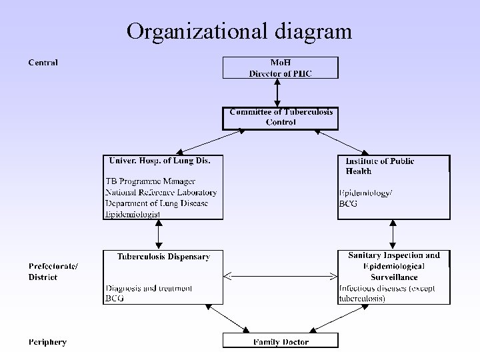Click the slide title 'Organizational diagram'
click(239, 31)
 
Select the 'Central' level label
click(43, 63)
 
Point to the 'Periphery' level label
click(47, 342)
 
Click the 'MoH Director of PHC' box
click(280, 68)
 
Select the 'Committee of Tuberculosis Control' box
click(281, 117)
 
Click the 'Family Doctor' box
click(281, 342)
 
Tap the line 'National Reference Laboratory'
click(161, 193)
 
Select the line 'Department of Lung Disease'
click(157, 203)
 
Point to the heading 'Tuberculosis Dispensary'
click(163, 256)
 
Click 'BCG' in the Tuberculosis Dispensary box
click(114, 299)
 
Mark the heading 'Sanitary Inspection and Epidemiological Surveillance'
click(394, 265)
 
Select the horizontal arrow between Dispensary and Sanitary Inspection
click(280, 275)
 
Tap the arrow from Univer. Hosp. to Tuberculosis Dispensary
click(159, 235)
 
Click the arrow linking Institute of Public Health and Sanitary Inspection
click(393, 235)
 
